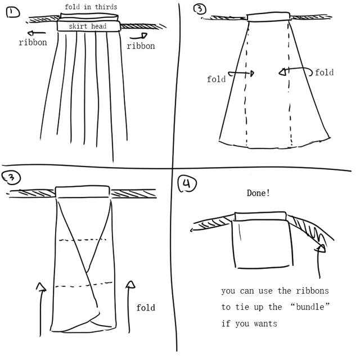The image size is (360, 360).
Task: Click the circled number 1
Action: click(12, 12)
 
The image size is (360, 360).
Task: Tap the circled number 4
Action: click(187, 184)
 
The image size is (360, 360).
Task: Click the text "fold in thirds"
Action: click(91, 7)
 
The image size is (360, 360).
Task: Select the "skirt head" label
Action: click(87, 26)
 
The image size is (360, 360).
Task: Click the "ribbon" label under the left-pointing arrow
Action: click(33, 43)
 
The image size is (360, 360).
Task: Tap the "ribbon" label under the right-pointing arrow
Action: click(141, 46)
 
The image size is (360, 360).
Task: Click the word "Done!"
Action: click(258, 193)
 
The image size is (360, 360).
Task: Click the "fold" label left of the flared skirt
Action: click(216, 79)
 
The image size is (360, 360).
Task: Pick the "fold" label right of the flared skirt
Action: click(324, 73)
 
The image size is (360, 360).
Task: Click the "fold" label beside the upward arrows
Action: click(145, 308)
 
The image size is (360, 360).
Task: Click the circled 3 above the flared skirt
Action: click(199, 9)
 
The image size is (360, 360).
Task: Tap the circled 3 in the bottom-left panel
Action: click(12, 178)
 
